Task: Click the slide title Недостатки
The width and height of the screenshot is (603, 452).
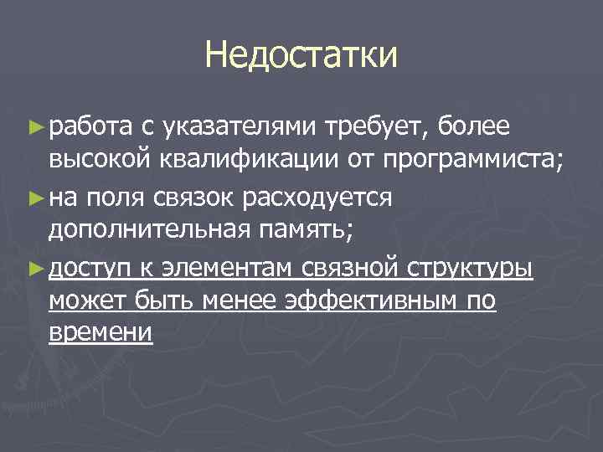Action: [301, 57]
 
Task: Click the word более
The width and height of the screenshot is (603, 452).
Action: [472, 127]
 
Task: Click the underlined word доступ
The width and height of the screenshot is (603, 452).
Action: [89, 270]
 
